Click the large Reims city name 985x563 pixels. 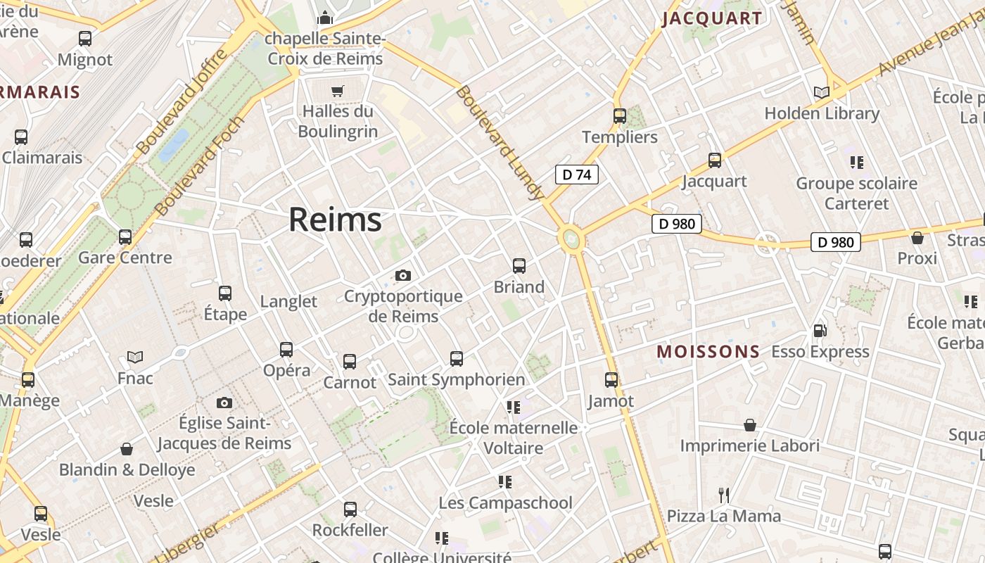tap(335, 220)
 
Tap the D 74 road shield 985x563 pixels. tap(577, 175)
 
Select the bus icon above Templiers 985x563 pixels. tap(620, 116)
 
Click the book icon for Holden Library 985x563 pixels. tap(821, 92)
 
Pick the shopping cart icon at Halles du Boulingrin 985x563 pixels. tap(338, 91)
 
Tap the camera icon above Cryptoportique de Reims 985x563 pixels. tap(403, 275)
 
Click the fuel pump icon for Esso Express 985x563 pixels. tap(820, 331)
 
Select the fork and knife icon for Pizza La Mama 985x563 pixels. tap(723, 495)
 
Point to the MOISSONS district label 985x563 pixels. tap(708, 351)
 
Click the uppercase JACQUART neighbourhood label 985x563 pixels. tap(712, 18)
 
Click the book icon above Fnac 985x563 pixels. tap(135, 358)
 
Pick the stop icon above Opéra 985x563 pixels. tap(286, 349)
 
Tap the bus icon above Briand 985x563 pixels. tap(519, 266)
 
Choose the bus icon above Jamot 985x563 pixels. tap(611, 380)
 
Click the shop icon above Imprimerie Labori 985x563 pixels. tap(750, 425)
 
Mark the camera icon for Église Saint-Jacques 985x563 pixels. tap(224, 403)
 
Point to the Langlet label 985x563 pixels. tap(288, 301)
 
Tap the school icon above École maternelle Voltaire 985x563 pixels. tap(514, 407)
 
